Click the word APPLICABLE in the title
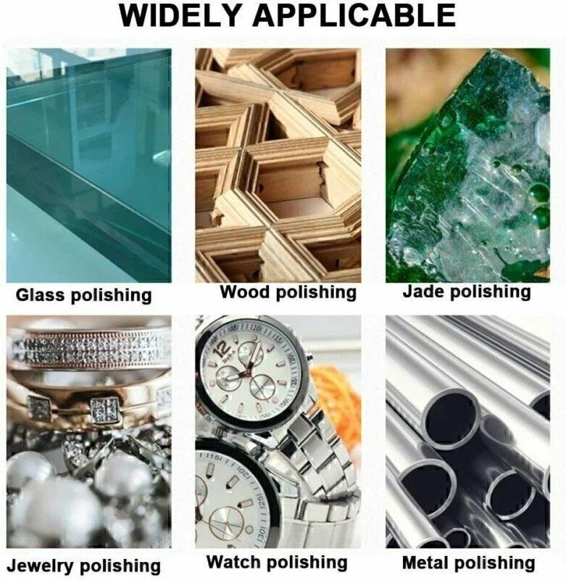click(x=354, y=15)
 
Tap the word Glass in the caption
click(x=40, y=295)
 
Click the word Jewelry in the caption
click(x=40, y=566)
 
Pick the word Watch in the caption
click(x=234, y=562)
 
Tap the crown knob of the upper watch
click(x=308, y=358)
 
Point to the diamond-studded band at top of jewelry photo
click(x=88, y=349)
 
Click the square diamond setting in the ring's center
click(x=104, y=410)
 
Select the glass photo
click(x=88, y=166)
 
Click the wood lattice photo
click(x=278, y=166)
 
